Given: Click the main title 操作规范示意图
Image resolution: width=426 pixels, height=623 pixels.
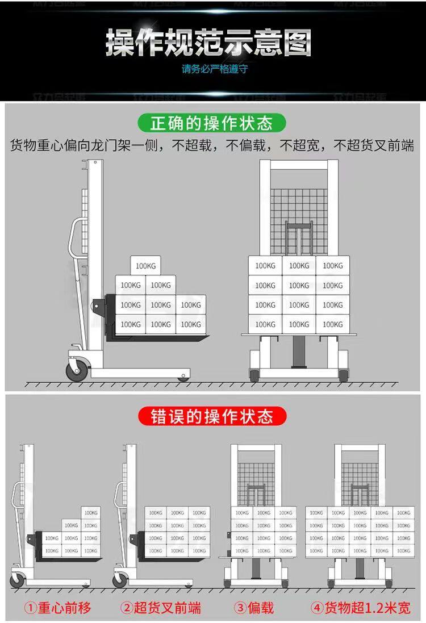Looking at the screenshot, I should (x=208, y=44).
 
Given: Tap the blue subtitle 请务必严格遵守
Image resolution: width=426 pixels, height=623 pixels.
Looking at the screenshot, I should (x=214, y=70).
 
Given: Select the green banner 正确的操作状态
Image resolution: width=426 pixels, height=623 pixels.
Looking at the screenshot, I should (x=212, y=123).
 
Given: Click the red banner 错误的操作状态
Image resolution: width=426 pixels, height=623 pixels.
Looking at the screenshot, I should (x=212, y=416).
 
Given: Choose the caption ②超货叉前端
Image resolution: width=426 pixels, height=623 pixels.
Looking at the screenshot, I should (x=161, y=608).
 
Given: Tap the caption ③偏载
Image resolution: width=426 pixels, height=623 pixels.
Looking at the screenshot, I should (x=254, y=608).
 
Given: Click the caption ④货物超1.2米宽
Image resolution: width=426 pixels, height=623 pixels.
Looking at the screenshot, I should (x=360, y=608).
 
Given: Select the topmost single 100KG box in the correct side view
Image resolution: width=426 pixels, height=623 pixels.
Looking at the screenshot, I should (x=146, y=265).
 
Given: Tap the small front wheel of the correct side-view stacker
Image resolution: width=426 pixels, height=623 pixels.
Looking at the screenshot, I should (x=182, y=377).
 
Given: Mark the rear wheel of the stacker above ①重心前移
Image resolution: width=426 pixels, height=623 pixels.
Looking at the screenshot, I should (x=18, y=580).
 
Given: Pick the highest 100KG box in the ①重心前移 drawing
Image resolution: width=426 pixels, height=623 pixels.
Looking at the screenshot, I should (x=90, y=512).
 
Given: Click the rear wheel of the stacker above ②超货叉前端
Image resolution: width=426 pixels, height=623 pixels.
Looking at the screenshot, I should (x=120, y=580).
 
